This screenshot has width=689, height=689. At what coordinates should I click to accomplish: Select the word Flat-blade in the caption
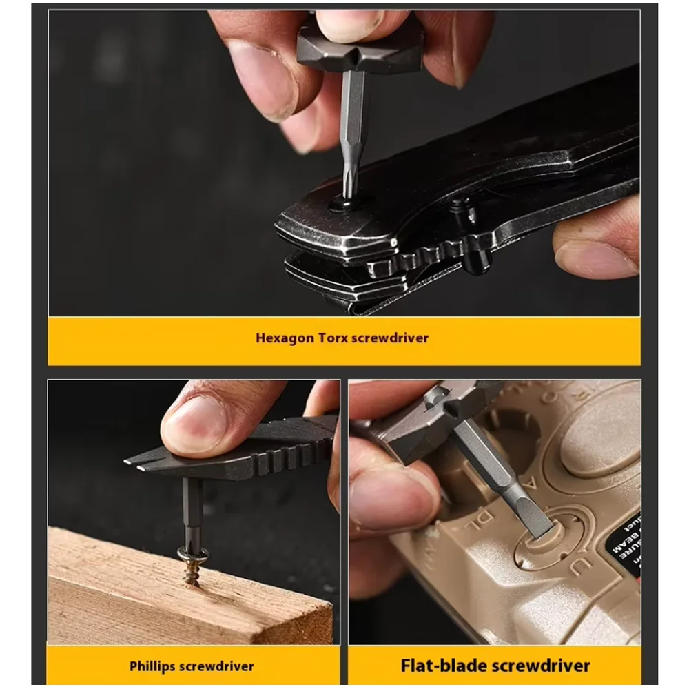pos(444,666)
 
